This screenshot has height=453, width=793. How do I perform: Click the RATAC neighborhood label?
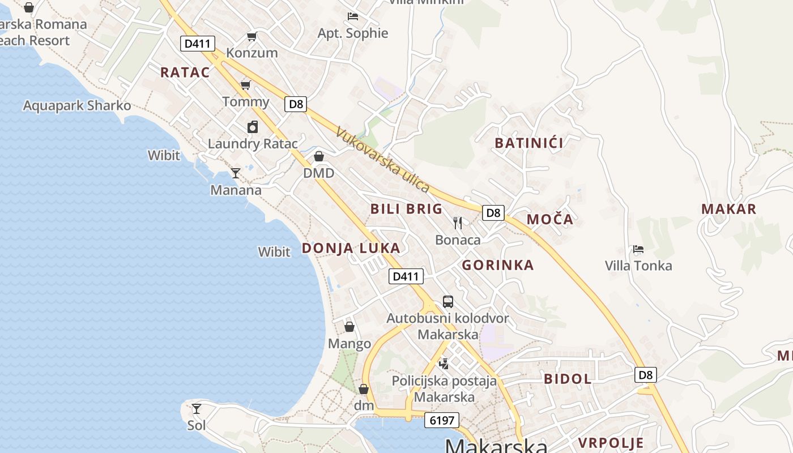(x=185, y=72)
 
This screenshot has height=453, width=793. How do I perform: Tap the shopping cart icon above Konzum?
(x=251, y=37)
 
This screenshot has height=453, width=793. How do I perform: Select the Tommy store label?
(x=246, y=102)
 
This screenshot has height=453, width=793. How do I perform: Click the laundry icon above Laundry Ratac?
(x=253, y=127)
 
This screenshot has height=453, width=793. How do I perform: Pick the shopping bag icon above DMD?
(x=319, y=156)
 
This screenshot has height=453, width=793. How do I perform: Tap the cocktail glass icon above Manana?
(x=236, y=173)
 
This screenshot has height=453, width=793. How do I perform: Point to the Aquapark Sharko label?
(x=77, y=106)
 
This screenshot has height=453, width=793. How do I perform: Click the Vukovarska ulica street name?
(x=383, y=160)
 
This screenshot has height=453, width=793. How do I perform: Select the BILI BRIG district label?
(x=406, y=209)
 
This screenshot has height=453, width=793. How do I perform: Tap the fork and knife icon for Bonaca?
(x=458, y=223)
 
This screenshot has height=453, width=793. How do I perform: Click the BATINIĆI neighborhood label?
(x=529, y=143)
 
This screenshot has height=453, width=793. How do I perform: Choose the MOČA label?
(x=550, y=220)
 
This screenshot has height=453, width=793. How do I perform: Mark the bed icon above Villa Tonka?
(x=638, y=249)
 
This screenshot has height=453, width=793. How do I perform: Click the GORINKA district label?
(x=498, y=265)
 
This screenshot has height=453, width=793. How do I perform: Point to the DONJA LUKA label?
(x=351, y=248)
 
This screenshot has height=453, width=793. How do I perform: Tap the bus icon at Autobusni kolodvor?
(x=447, y=301)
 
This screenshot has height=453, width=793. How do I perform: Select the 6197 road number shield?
(x=441, y=420)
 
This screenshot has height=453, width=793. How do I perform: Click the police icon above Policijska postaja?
(x=445, y=364)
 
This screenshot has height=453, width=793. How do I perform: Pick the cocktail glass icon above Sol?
(x=196, y=408)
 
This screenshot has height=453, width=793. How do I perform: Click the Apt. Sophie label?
(x=353, y=33)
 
